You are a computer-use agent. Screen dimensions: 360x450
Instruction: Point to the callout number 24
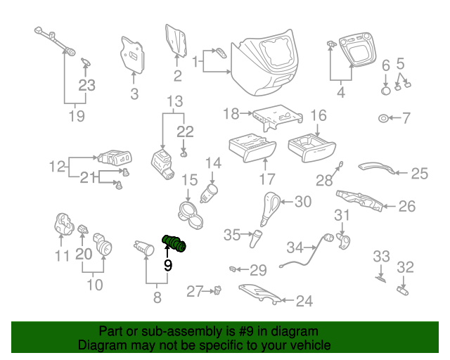[303, 302]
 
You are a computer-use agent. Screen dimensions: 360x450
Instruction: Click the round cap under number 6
[385, 90]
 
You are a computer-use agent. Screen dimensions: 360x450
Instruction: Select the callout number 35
[233, 235]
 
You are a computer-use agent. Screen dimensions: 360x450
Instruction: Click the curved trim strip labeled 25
[377, 167]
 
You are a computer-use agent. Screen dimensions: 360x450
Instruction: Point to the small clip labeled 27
[219, 288]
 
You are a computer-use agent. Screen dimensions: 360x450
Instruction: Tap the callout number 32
[406, 267]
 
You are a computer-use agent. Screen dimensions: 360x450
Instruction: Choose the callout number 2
[177, 76]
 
